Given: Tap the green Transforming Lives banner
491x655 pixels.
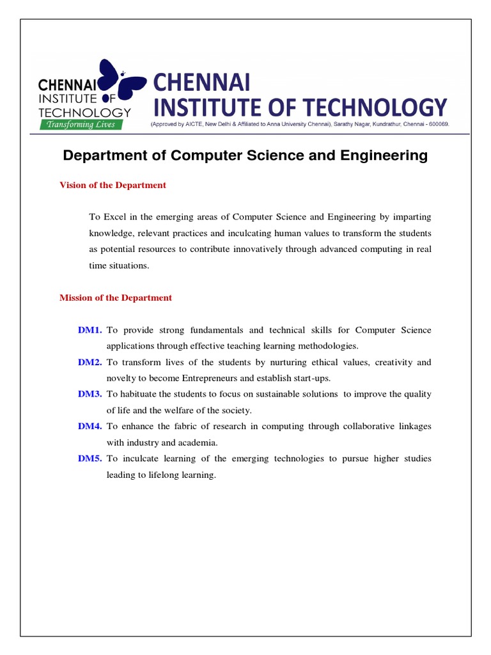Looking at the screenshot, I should (86, 125).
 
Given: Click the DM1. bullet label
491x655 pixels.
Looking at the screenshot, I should (90, 330).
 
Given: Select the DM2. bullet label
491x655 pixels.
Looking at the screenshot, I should (90, 362).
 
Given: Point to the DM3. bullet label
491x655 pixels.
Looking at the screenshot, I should (90, 394).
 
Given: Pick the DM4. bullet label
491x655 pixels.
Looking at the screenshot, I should (90, 426).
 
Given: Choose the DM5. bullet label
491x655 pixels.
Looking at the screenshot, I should (90, 459).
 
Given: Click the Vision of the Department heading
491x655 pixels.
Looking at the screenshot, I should (113, 185).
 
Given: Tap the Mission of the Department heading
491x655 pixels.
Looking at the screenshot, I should (116, 297).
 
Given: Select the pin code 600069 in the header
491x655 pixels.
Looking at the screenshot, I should (437, 125).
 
